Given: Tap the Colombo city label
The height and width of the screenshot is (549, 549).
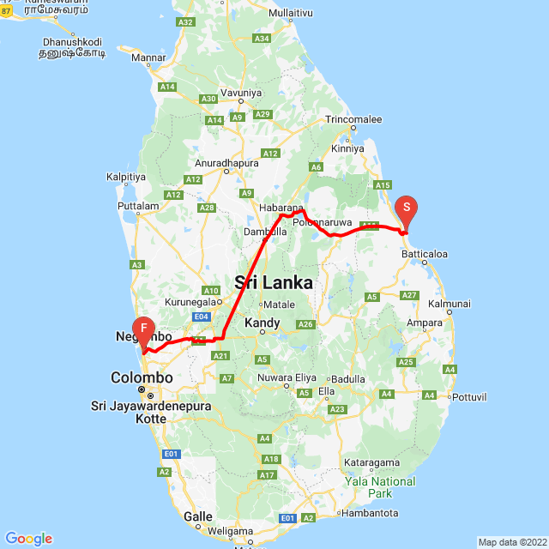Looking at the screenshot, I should point(142,377).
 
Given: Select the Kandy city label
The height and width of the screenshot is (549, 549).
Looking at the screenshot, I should point(262,323).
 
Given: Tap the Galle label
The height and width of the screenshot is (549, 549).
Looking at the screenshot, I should point(198,516).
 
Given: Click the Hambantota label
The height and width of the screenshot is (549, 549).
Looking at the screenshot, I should point(370,513).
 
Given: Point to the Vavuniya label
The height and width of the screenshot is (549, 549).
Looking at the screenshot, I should point(240,93).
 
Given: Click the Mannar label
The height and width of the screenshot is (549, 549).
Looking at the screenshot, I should point(149,57).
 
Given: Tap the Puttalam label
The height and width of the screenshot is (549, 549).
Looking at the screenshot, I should point(140,206).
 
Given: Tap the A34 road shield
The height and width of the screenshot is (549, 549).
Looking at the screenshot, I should point(262,39).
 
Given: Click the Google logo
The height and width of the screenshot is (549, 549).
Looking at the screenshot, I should point(28,538).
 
